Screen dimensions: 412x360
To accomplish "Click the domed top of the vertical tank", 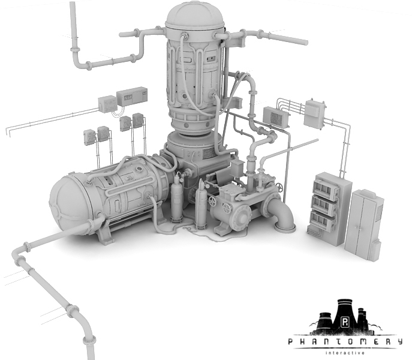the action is coord(195,14).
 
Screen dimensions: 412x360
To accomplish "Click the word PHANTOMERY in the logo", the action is coord(345,341).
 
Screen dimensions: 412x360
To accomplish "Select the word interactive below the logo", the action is coord(345,353).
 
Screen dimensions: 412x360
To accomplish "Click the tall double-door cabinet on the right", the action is coord(363,224).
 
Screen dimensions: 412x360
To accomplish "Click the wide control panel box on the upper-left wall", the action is coord(132,96).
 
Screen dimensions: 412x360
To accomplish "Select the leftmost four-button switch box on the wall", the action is coord(89,137).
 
